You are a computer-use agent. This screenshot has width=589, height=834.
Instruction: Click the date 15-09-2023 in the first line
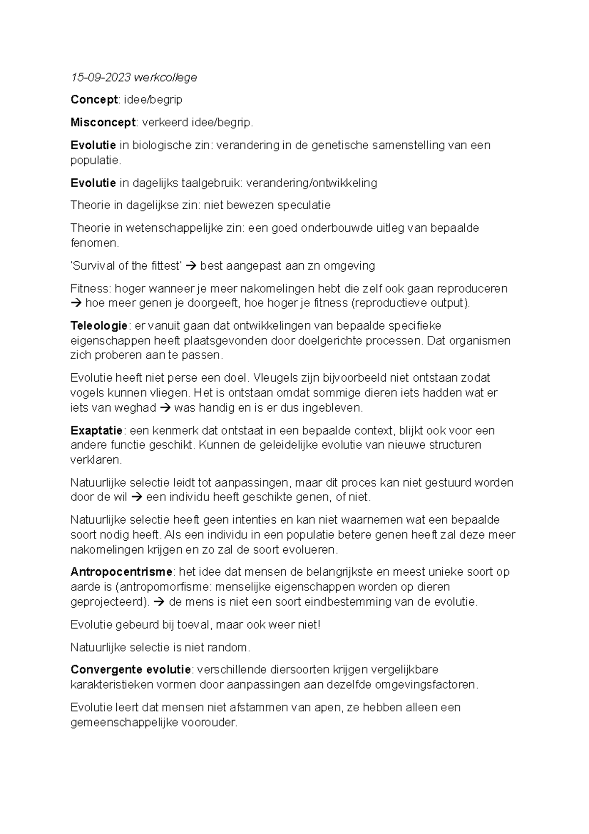click(101, 77)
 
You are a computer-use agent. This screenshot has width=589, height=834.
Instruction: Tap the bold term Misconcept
click(103, 122)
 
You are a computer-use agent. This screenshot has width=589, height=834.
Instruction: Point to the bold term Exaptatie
click(96, 431)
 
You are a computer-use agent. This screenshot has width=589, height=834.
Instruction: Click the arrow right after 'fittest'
click(191, 266)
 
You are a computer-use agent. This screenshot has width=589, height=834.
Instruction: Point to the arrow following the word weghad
click(165, 408)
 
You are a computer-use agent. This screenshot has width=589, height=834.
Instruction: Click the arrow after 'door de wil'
click(137, 497)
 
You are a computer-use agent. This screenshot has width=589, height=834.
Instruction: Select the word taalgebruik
click(211, 183)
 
